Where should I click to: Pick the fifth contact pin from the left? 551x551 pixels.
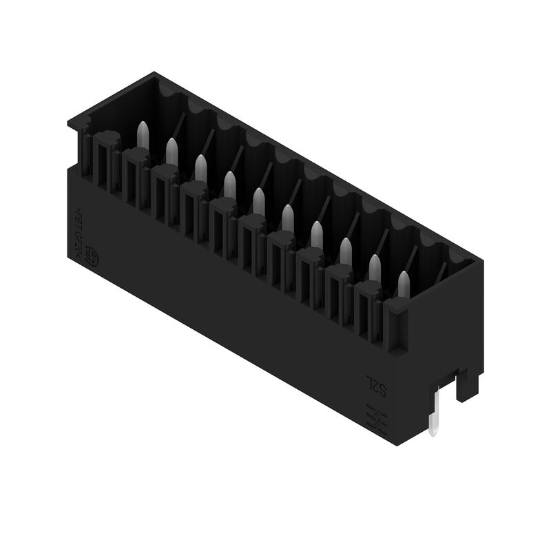tap(258, 200)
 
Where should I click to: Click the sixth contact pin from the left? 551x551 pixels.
tap(287, 217)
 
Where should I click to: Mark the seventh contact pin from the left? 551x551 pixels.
tap(316, 233)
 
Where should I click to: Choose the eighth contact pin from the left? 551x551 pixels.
tap(345, 250)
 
